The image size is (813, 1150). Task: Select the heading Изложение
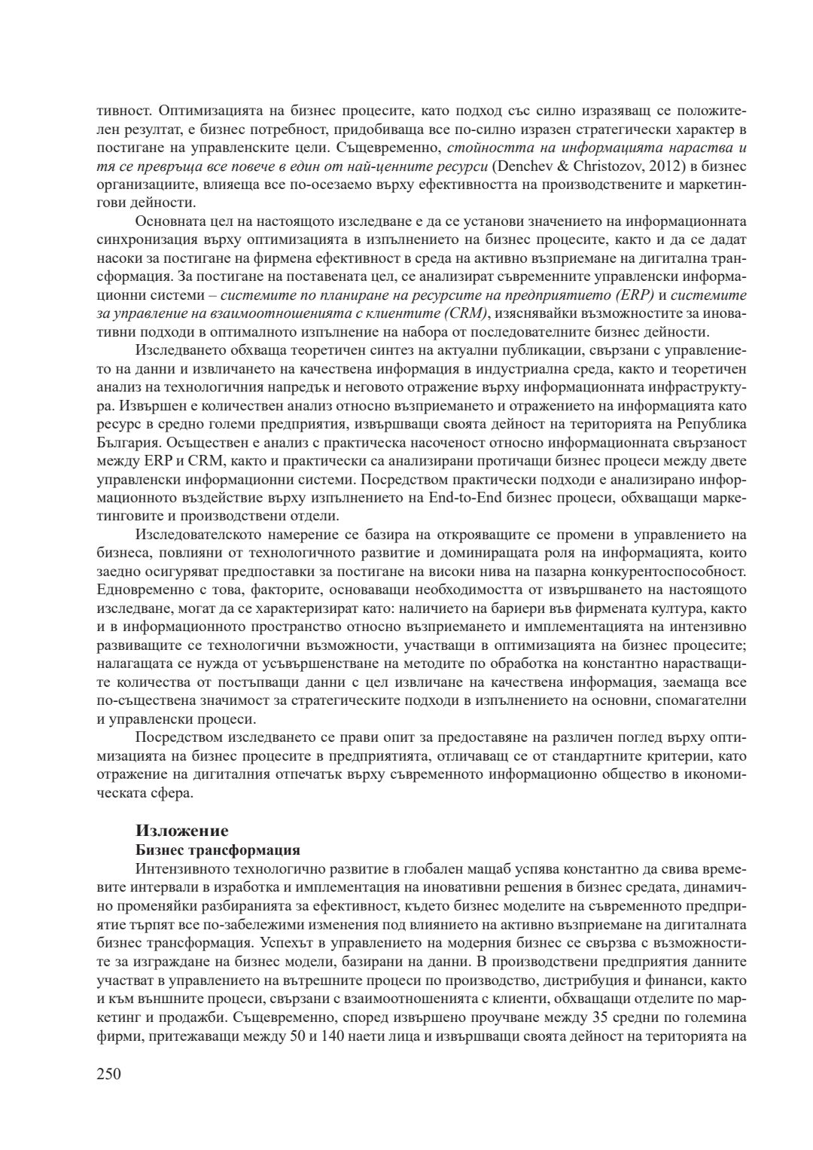pyautogui.click(x=181, y=831)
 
